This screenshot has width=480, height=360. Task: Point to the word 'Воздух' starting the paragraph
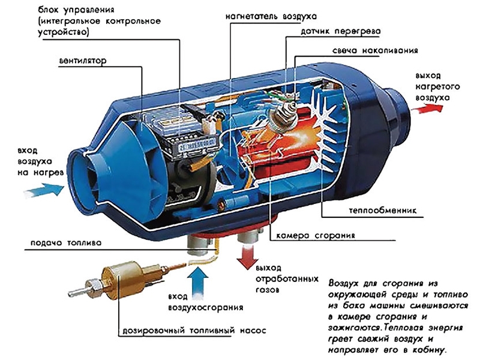point(344,283)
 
